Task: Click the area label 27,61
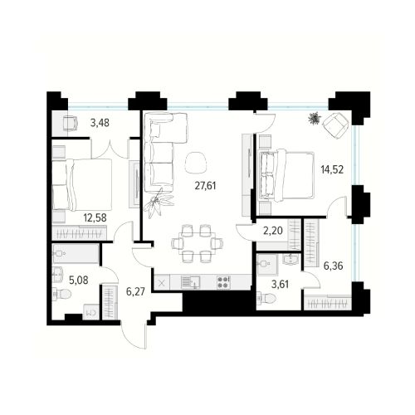pyautogui.click(x=205, y=186)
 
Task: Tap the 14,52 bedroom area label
pyautogui.click(x=332, y=169)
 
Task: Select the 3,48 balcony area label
pyautogui.click(x=100, y=123)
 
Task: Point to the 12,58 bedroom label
pyautogui.click(x=95, y=217)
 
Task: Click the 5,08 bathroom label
pyautogui.click(x=79, y=281)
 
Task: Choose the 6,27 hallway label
pyautogui.click(x=135, y=291)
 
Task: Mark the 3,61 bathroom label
pyautogui.click(x=280, y=284)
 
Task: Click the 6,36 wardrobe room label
pyautogui.click(x=334, y=266)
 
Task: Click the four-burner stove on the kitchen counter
pyautogui.click(x=223, y=282)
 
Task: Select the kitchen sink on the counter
pyautogui.click(x=191, y=282)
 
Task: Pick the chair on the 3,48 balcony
pyautogui.click(x=71, y=124)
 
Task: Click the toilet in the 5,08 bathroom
pyautogui.click(x=61, y=294)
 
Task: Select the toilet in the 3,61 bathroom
pyautogui.click(x=266, y=298)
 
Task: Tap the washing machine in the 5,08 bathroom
pyautogui.click(x=91, y=313)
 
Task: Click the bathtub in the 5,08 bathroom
pyautogui.click(x=76, y=253)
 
